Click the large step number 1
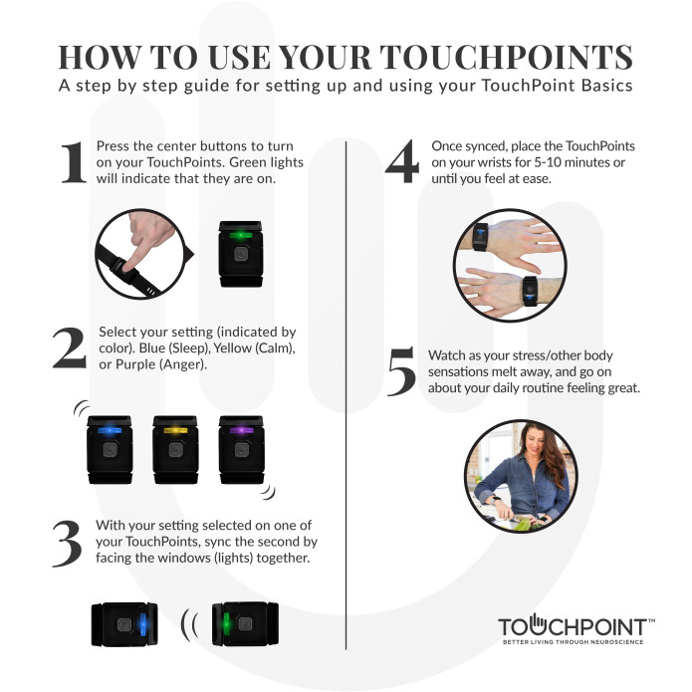(x=74, y=162)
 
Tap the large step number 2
(x=70, y=347)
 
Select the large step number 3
(x=68, y=544)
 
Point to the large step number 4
(x=402, y=161)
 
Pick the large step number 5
(x=401, y=371)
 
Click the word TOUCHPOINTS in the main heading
(x=506, y=58)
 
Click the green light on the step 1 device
(x=241, y=235)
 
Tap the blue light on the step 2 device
(x=110, y=430)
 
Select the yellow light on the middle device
(x=175, y=430)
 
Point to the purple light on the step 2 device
(x=241, y=430)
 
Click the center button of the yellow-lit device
(x=175, y=450)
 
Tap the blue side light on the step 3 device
(x=142, y=624)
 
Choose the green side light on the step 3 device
(x=226, y=624)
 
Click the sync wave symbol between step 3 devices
(x=189, y=625)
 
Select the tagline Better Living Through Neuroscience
(x=574, y=641)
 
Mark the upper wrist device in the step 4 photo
(x=481, y=237)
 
